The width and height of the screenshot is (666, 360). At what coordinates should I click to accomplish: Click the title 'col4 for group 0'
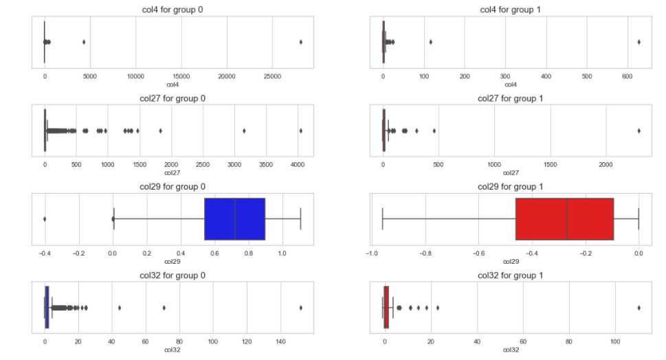coord(172,9)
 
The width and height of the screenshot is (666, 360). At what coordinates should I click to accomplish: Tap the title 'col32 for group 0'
coord(172,275)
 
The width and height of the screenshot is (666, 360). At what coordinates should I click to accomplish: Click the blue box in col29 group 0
coord(234,219)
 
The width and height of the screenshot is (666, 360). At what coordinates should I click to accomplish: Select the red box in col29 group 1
coord(564,219)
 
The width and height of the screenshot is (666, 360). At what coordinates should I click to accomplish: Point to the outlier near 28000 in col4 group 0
coord(300,42)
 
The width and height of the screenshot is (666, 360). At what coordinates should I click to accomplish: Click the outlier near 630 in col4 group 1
coord(639,42)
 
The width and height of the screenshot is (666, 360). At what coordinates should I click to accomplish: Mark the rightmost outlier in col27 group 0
coord(300,131)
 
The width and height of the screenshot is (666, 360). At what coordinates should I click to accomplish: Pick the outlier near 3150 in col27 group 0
coord(244,131)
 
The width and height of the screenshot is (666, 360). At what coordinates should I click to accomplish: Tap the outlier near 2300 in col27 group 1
coord(639,131)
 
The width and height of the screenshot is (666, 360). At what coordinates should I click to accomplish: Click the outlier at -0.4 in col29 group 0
coord(45,219)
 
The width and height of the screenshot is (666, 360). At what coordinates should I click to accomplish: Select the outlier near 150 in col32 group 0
coord(300,308)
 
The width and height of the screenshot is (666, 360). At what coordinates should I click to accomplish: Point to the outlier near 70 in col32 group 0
coord(164,308)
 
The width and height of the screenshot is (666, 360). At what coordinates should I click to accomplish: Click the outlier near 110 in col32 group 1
coord(639,308)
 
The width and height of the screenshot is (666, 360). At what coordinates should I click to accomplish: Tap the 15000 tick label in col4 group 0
coord(181,77)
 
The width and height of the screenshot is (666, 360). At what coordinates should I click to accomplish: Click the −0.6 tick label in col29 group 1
coord(478,254)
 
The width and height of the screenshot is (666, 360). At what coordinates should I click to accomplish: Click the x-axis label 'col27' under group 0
coord(172,173)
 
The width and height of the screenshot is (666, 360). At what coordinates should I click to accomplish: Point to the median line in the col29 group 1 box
coord(567,219)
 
